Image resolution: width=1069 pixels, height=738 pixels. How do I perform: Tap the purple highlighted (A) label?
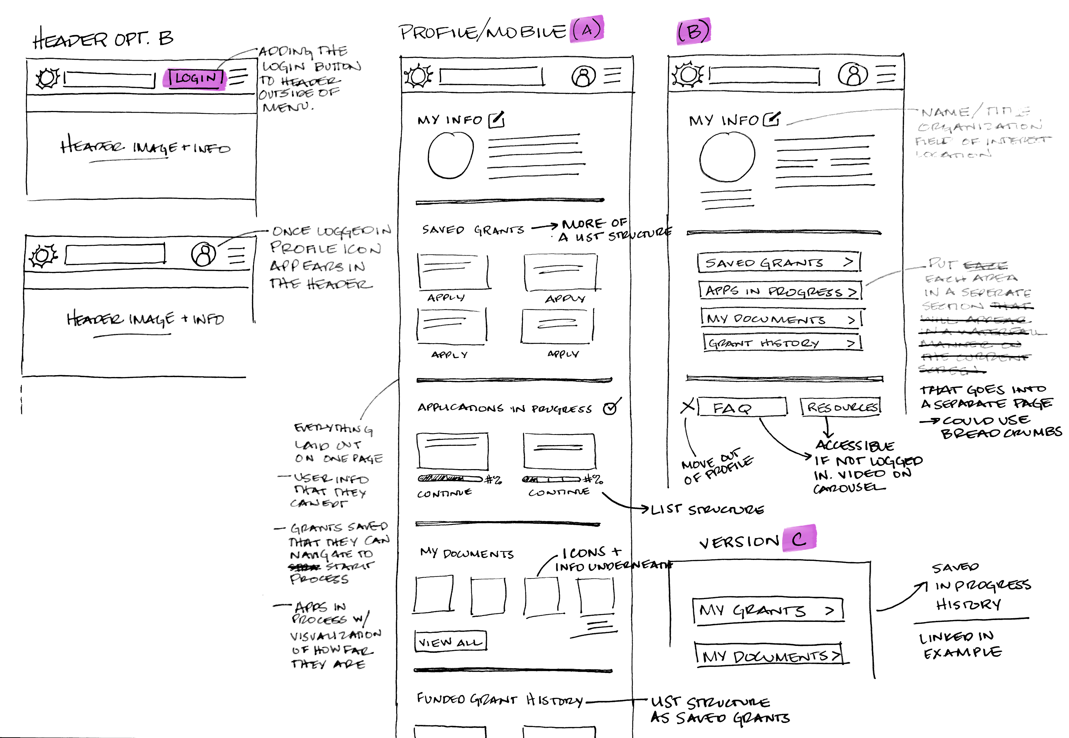[586, 30]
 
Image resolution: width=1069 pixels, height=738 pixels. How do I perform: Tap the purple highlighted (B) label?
[693, 31]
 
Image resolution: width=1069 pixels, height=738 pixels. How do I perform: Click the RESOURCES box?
[840, 407]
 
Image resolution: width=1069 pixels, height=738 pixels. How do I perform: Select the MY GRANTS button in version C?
[768, 611]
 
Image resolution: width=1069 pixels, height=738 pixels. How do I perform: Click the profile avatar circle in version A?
[450, 155]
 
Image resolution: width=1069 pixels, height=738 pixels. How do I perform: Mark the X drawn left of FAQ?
[688, 407]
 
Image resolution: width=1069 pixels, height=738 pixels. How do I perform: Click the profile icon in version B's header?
[852, 74]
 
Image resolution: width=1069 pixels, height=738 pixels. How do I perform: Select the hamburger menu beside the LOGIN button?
[238, 76]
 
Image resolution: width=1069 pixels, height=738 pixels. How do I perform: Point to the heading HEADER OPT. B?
[103, 39]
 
